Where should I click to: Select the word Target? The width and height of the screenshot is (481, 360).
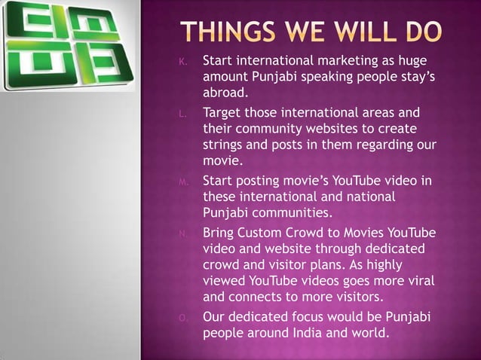pyautogui.click(x=224, y=113)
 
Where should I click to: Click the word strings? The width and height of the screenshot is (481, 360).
pyautogui.click(x=225, y=145)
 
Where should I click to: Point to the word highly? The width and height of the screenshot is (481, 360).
pyautogui.click(x=407, y=264)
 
